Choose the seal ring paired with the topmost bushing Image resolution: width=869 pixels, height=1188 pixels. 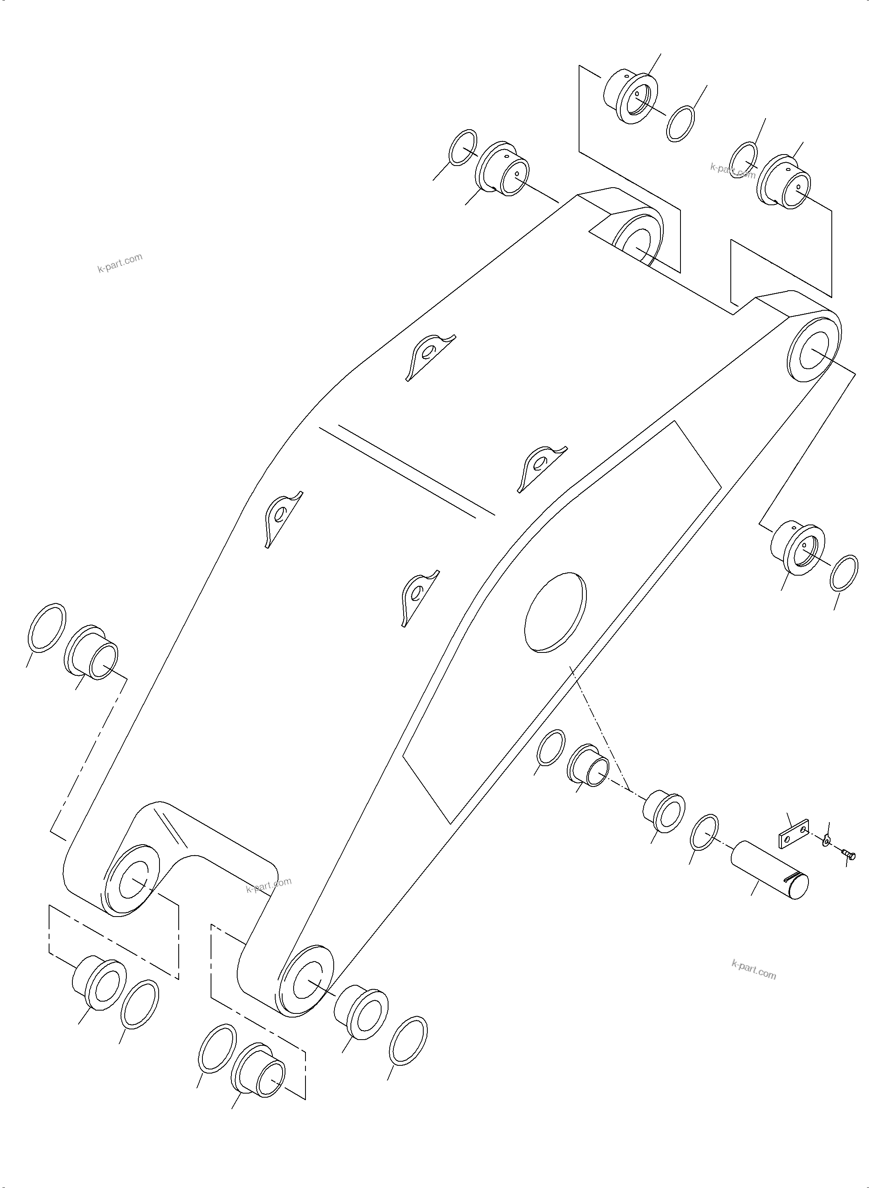(680, 124)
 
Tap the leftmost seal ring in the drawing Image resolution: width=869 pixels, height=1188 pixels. (46, 628)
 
